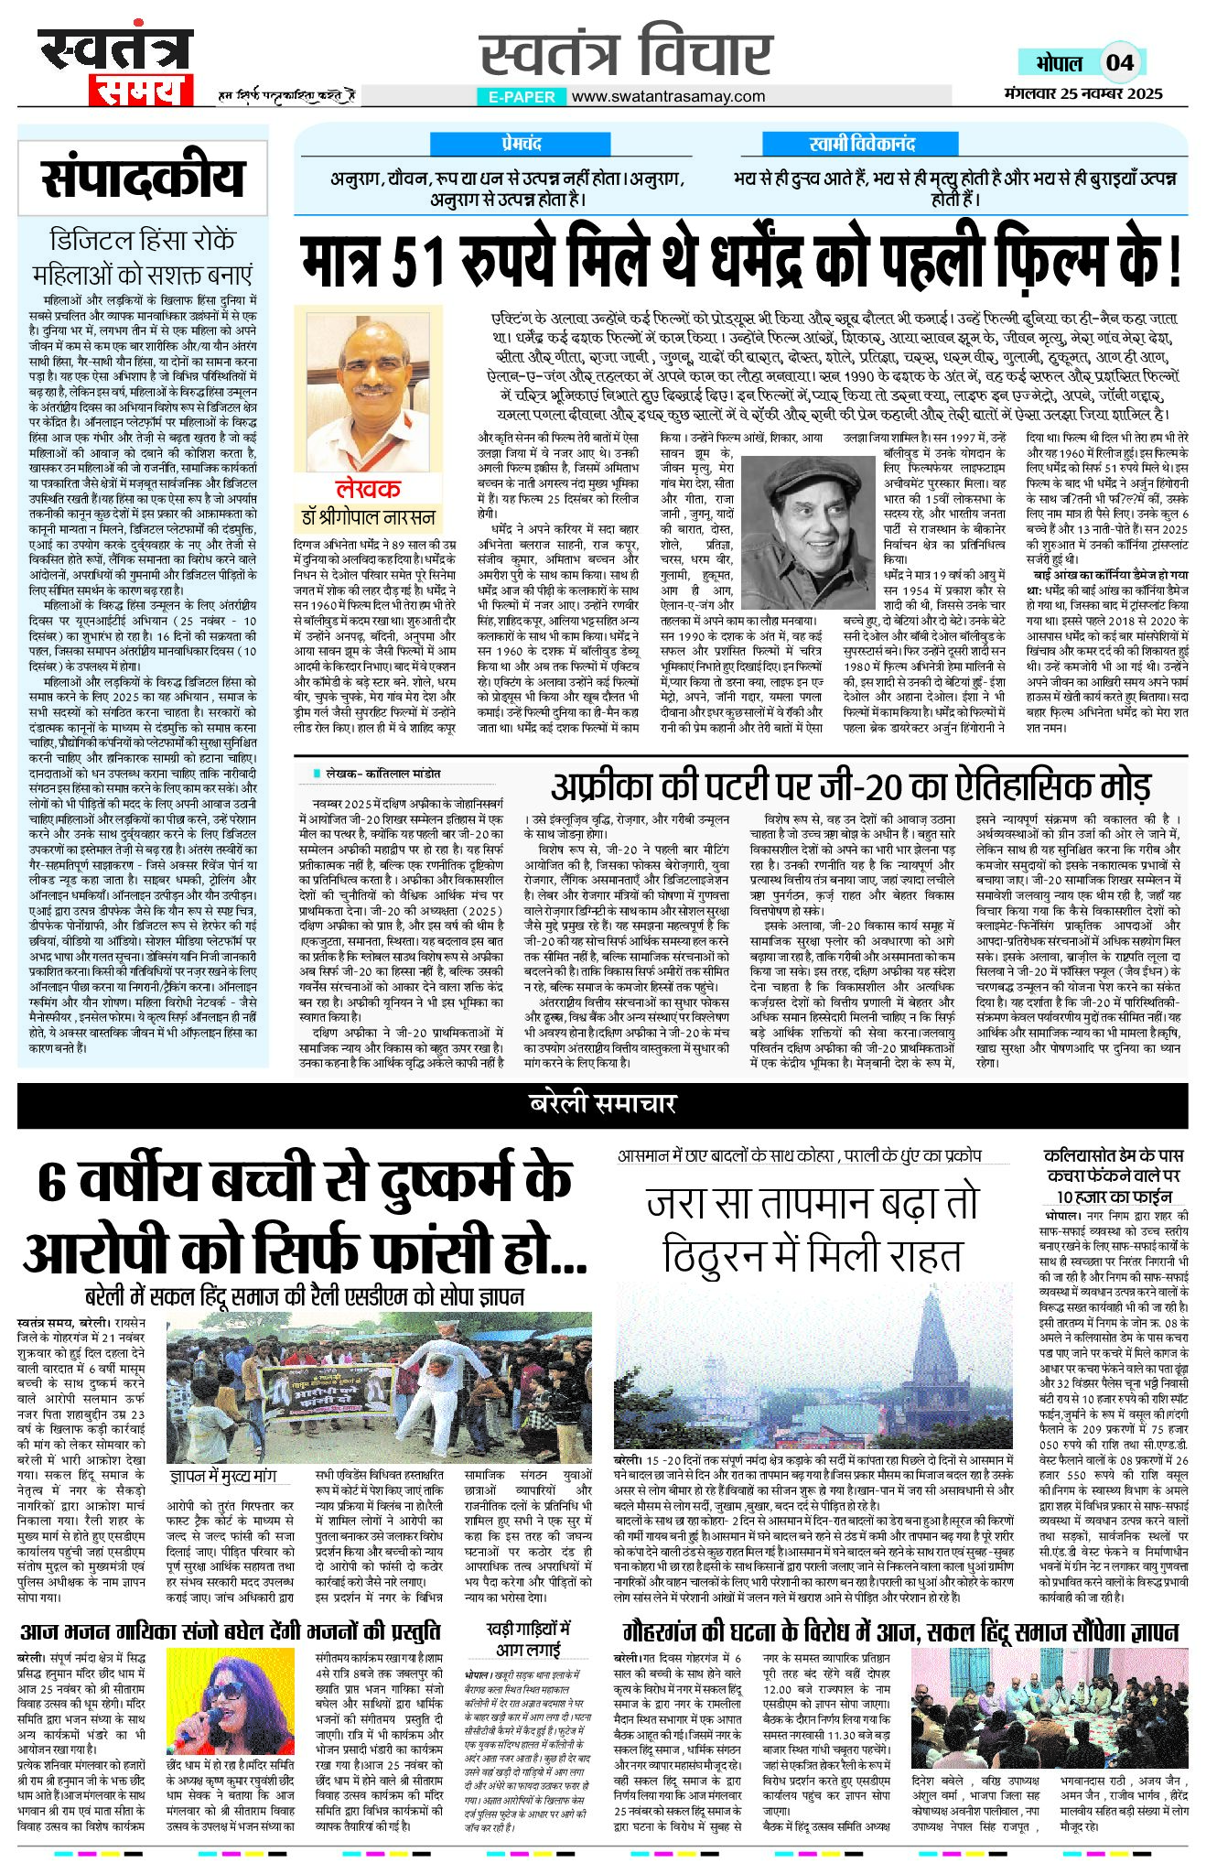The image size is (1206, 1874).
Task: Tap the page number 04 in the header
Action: click(1119, 63)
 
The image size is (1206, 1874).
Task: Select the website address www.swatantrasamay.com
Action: click(668, 96)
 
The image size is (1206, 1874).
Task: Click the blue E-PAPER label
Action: click(522, 96)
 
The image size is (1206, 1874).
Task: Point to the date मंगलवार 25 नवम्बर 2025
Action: click(1082, 93)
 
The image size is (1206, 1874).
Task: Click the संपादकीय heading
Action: click(143, 179)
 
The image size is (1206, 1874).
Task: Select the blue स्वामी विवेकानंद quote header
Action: click(861, 144)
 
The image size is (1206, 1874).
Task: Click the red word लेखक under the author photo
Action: click(368, 489)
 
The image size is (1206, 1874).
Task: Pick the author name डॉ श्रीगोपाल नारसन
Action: click(368, 517)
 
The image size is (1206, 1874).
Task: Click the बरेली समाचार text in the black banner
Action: click(602, 1104)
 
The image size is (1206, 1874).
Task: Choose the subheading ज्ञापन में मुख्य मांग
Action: click(223, 1477)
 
